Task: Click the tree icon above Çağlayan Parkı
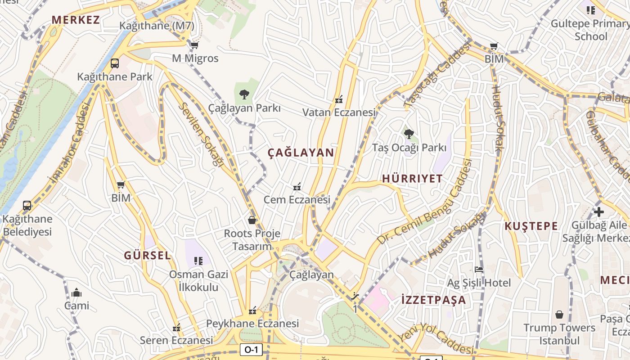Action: pyautogui.click(x=244, y=94)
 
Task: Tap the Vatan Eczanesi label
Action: pyautogui.click(x=339, y=112)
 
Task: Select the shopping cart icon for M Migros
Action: pyautogui.click(x=194, y=45)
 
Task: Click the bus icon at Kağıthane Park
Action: pyautogui.click(x=115, y=63)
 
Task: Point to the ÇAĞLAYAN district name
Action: pyautogui.click(x=301, y=153)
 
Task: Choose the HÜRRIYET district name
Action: pyautogui.click(x=412, y=179)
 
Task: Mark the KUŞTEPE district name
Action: pyautogui.click(x=531, y=226)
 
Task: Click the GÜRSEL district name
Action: pyautogui.click(x=148, y=256)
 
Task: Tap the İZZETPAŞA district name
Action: pyautogui.click(x=433, y=300)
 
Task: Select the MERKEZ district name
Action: pyautogui.click(x=76, y=20)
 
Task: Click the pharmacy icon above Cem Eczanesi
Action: pyautogui.click(x=297, y=187)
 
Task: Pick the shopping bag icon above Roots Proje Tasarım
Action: pyautogui.click(x=252, y=220)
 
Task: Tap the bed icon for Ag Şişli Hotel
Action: pyautogui.click(x=479, y=270)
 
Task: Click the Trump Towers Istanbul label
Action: pyautogui.click(x=559, y=334)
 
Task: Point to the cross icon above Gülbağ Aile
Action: pyautogui.click(x=598, y=211)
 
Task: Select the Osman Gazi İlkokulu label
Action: pyautogui.click(x=198, y=281)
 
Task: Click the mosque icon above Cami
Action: pyautogui.click(x=76, y=292)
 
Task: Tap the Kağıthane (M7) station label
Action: pyautogui.click(x=157, y=26)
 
